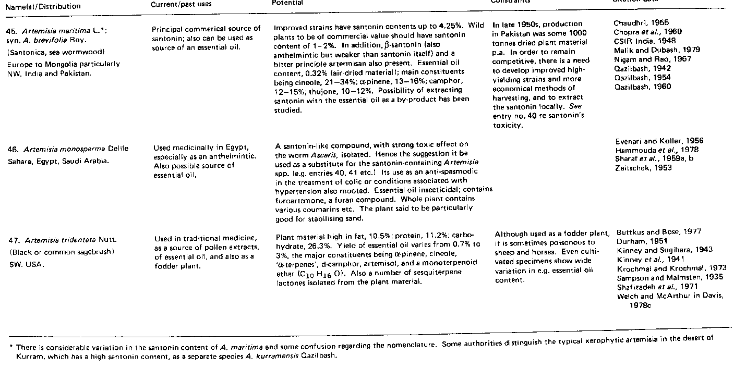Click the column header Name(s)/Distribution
click(x=44, y=6)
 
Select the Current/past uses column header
click(x=174, y=4)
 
